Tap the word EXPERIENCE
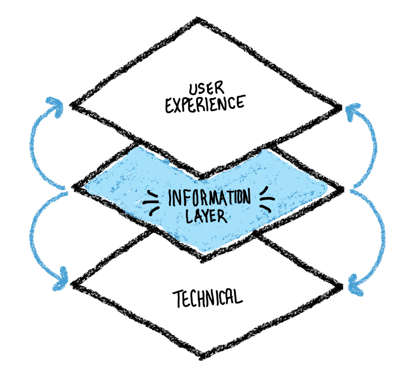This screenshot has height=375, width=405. [x=204, y=104]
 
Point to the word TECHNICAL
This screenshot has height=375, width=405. [x=206, y=297]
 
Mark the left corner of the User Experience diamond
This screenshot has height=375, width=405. [x=72, y=105]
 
